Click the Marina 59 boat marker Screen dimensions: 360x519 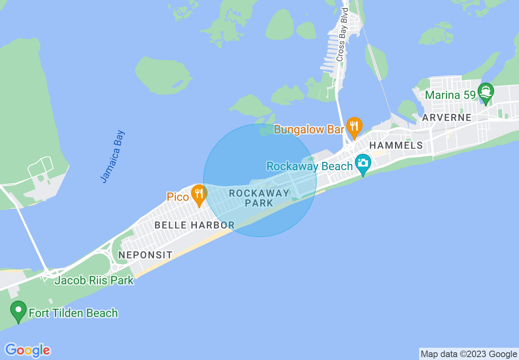[x=486, y=93]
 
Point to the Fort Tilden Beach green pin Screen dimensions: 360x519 [x=18, y=311]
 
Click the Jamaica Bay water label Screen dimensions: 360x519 [x=113, y=156]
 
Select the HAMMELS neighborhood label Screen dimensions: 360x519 [x=396, y=145]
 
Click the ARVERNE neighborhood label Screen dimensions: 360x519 [x=447, y=117]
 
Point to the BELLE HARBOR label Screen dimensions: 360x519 [x=194, y=225]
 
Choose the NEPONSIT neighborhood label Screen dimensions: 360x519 [x=145, y=255]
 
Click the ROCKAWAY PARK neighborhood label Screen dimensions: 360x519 [x=259, y=198]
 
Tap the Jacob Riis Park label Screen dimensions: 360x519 [x=94, y=281]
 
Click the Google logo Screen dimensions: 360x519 [x=28, y=350]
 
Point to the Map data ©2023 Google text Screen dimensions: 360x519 [x=469, y=354]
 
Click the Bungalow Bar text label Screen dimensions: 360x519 [x=309, y=130]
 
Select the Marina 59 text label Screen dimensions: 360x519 [x=451, y=95]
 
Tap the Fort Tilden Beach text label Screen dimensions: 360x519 [x=73, y=313]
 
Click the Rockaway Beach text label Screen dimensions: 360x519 [x=309, y=166]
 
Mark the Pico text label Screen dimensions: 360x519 [x=178, y=197]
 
